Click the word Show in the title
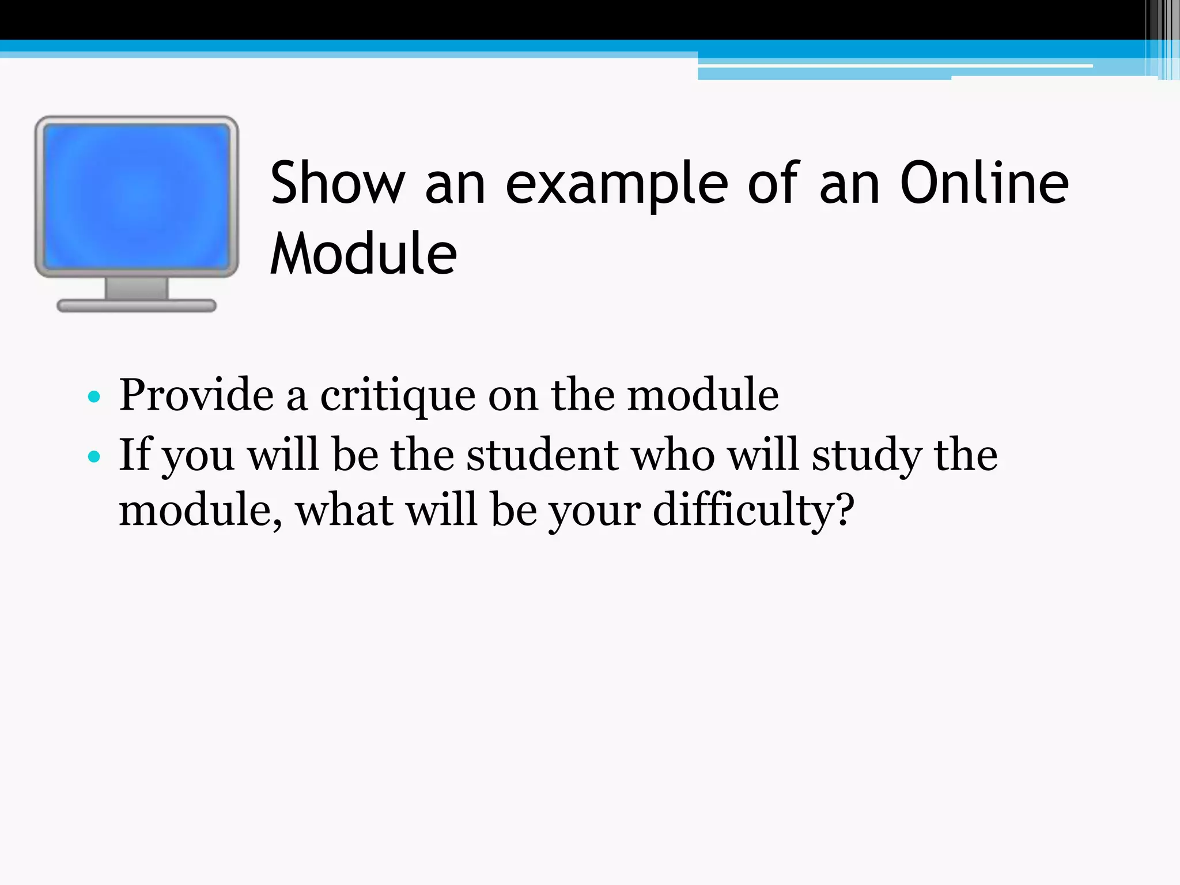(x=338, y=183)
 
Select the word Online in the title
(x=984, y=183)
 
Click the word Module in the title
(x=364, y=254)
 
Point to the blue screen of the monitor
(x=137, y=196)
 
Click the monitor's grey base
(x=137, y=306)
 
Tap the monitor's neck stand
(x=137, y=288)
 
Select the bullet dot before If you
(x=94, y=457)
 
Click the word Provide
(x=196, y=395)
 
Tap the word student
(x=542, y=455)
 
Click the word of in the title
(x=773, y=183)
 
